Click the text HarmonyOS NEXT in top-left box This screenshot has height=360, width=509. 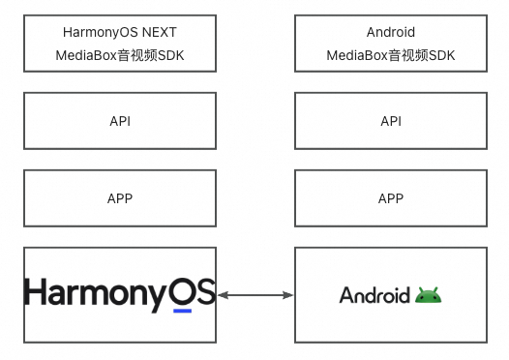tap(119, 32)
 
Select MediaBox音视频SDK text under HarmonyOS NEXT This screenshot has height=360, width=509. tap(119, 56)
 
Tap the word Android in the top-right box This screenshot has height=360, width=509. tap(391, 32)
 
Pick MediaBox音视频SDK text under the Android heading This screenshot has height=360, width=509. tap(391, 56)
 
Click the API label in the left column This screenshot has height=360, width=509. tap(120, 121)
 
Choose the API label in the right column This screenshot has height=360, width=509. tap(391, 121)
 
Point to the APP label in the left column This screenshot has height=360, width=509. tap(120, 198)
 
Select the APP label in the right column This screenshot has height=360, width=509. tap(391, 198)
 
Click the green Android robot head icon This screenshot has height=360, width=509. tap(429, 295)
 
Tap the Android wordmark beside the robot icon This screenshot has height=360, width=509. tap(374, 295)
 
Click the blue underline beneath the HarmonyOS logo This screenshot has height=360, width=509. tap(182, 312)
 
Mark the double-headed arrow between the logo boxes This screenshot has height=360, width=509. tap(255, 294)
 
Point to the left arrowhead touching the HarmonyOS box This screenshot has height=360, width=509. tap(223, 294)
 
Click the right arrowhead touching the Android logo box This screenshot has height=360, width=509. tap(287, 294)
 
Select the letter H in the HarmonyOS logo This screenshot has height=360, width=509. tap(36, 292)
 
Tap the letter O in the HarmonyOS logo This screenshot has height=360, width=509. tap(182, 292)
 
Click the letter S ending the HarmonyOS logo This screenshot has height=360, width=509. tap(205, 292)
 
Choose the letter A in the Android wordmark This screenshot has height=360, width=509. tap(345, 295)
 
